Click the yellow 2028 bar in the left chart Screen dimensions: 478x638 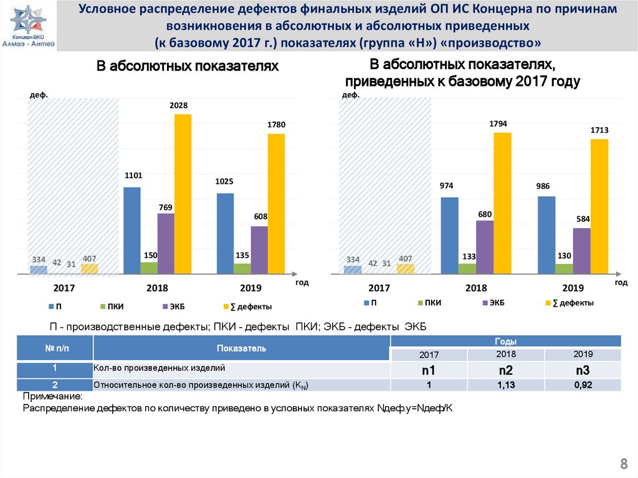tap(183, 194)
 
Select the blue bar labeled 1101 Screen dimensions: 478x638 tap(132, 231)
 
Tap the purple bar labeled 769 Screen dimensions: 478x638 tap(166, 244)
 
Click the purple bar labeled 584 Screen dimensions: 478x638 tap(581, 251)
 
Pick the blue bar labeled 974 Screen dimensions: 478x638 tap(449, 236)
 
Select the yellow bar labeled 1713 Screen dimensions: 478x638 tap(599, 206)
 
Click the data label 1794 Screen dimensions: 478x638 tap(498, 124)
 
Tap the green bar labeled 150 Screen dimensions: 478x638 tap(149, 268)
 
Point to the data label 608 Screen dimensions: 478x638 tap(260, 216)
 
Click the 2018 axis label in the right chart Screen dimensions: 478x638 tap(476, 289)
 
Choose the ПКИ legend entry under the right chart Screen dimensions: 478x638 tap(429, 302)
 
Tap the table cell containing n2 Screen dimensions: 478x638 tap(505, 371)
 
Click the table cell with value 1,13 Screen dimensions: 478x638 tap(505, 385)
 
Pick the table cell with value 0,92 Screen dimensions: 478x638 tap(583, 385)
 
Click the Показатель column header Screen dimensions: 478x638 tap(242, 348)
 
